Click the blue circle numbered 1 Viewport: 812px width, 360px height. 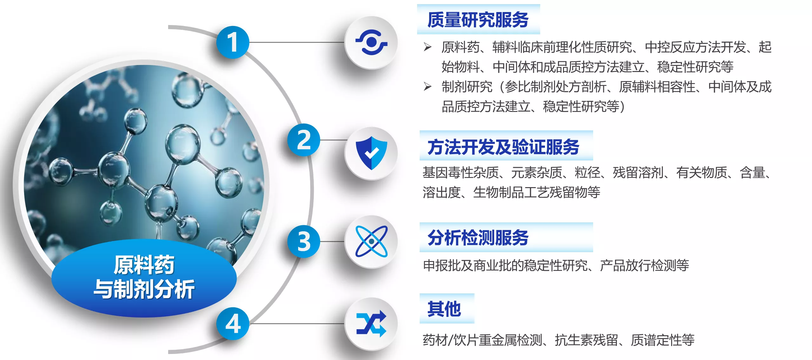point(233,42)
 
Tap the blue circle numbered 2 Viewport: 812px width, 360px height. point(304,140)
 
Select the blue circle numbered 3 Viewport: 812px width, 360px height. point(304,241)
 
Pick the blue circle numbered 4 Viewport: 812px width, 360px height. point(233,324)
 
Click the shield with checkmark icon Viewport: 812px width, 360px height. point(371,153)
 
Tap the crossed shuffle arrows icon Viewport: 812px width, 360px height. point(371,324)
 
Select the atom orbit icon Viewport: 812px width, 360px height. point(371,241)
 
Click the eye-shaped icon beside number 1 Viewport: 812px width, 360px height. point(371,42)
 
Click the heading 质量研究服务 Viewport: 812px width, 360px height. point(478,20)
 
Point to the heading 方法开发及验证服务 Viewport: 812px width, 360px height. point(503,147)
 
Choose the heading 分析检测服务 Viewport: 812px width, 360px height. point(478,238)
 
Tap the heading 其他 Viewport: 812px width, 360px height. point(444,309)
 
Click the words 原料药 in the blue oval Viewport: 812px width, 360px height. point(144,265)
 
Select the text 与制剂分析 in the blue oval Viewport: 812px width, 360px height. point(144,289)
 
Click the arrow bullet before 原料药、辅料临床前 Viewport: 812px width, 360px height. point(428,47)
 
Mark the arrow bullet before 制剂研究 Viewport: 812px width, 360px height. point(428,87)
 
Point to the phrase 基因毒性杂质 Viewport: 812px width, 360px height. point(461,173)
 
